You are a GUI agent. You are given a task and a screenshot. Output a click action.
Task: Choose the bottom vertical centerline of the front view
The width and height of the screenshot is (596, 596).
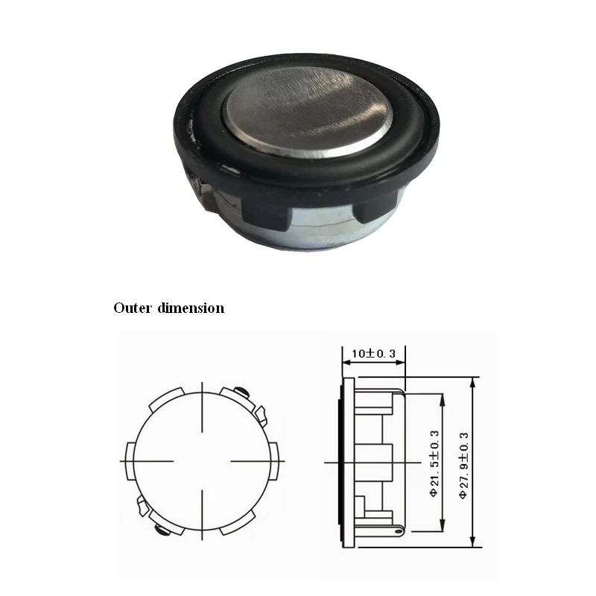coord(202,514)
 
